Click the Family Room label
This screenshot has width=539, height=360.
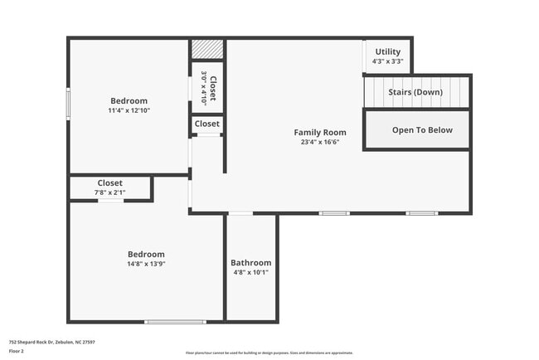(x=320, y=132)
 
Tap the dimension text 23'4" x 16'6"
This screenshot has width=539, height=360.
(x=320, y=142)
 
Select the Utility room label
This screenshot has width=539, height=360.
(x=388, y=51)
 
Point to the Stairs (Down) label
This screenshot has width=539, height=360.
(x=415, y=92)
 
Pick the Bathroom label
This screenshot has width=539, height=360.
(x=250, y=262)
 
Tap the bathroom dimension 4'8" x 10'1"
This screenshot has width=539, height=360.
(x=250, y=272)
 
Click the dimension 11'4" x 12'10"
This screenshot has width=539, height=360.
(x=129, y=110)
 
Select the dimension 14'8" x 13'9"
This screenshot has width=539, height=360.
(x=146, y=264)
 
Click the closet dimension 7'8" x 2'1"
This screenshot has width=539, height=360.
(x=110, y=192)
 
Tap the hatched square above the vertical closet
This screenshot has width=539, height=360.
(x=207, y=50)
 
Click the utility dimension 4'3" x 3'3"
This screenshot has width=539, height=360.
(x=388, y=61)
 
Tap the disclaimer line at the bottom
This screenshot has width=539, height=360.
(x=269, y=353)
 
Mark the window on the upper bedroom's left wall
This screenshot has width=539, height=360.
(x=69, y=105)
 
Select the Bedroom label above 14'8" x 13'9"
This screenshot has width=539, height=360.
(x=146, y=254)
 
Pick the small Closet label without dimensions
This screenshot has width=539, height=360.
(x=207, y=124)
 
